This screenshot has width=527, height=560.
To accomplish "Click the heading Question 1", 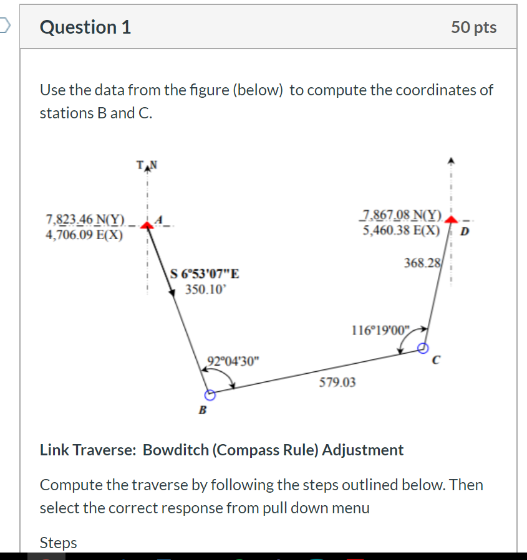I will [85, 27].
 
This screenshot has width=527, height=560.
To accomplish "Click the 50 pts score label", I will [474, 27].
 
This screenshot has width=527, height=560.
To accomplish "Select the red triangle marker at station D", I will [450, 221].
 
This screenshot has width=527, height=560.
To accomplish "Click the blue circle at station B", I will [210, 395].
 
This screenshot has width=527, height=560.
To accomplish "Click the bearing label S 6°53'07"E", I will [205, 274].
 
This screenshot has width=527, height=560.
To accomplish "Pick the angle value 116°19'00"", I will [382, 330].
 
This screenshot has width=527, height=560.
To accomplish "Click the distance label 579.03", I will [337, 382].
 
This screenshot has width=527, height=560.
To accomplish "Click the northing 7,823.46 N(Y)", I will [86, 219].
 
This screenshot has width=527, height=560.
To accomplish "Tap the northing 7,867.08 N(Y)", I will [402, 216].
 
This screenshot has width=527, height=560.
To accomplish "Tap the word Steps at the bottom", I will [59, 543].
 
